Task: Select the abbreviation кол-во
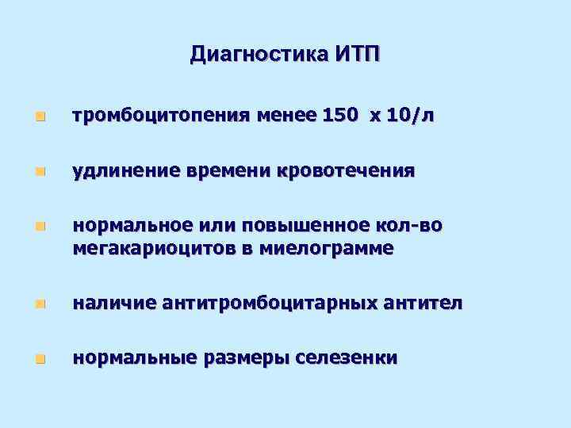(408, 227)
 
